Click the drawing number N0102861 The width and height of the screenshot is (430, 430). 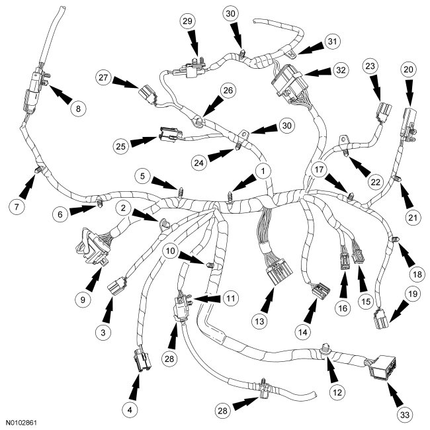coord(26,421)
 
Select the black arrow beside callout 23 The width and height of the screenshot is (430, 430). coord(376,89)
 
